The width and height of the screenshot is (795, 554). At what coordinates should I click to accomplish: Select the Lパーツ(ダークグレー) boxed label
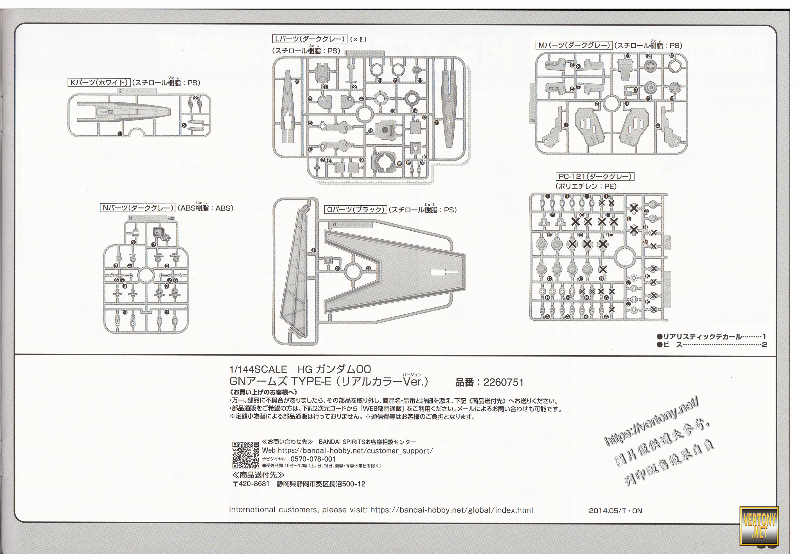309,39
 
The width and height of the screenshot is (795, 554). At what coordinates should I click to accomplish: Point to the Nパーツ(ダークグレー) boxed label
138,208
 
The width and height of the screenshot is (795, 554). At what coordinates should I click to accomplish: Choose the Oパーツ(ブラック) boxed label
356,210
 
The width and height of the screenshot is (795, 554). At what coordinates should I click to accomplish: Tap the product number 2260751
503,382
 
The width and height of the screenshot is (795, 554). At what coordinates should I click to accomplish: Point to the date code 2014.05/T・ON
615,511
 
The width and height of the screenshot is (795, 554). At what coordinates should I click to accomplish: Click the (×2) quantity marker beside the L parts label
358,39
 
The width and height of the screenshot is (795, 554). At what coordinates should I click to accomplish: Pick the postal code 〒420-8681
251,484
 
